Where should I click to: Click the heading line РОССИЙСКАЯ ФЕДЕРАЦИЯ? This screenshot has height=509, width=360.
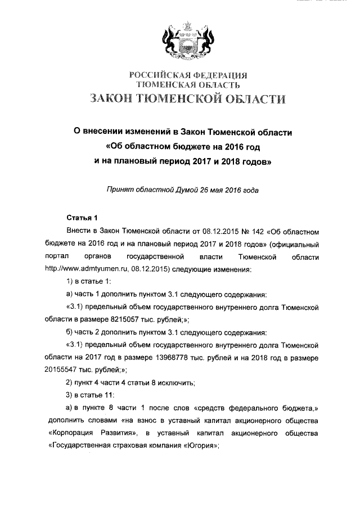click(188, 75)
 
